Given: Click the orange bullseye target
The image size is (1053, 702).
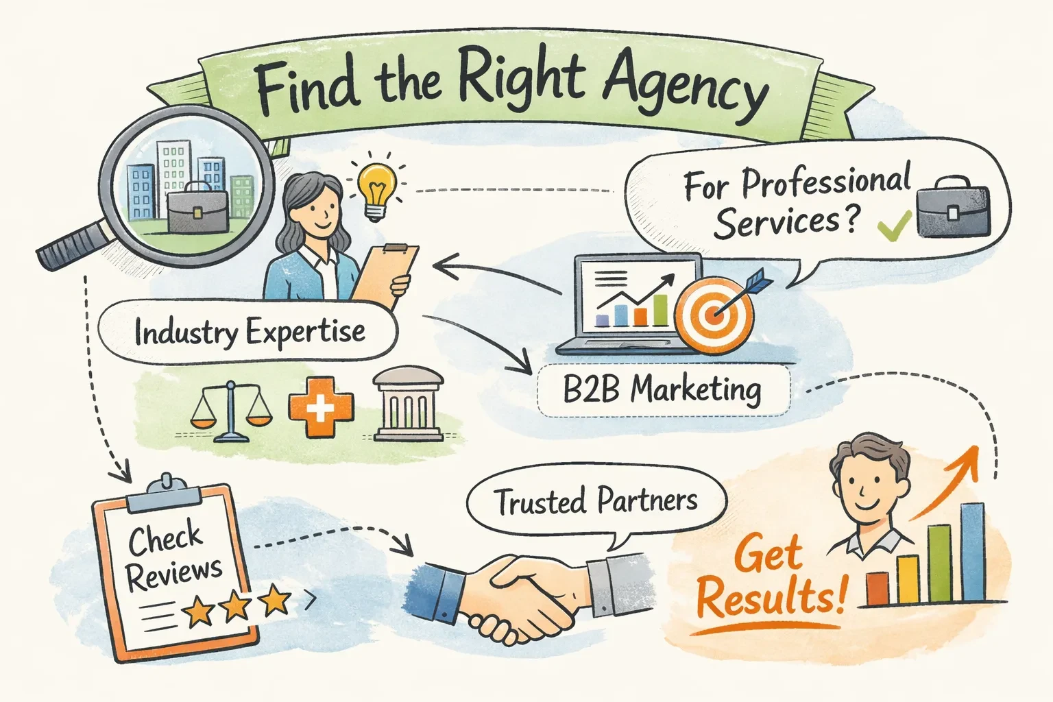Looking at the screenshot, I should tap(714, 315).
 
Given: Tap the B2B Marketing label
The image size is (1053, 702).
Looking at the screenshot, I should tap(662, 389).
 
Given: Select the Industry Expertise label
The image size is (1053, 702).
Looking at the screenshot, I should tap(250, 333).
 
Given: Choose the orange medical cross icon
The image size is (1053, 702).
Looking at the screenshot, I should tap(321, 405).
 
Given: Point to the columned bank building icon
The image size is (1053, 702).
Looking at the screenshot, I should tap(409, 404).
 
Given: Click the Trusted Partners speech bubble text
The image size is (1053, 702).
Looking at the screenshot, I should tap(596, 501).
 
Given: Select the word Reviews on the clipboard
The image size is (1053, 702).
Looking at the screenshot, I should tap(174, 573).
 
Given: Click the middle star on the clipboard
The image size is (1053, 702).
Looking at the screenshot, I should tap(236, 605).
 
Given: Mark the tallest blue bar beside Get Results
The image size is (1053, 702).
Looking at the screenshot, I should tap(972, 551).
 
